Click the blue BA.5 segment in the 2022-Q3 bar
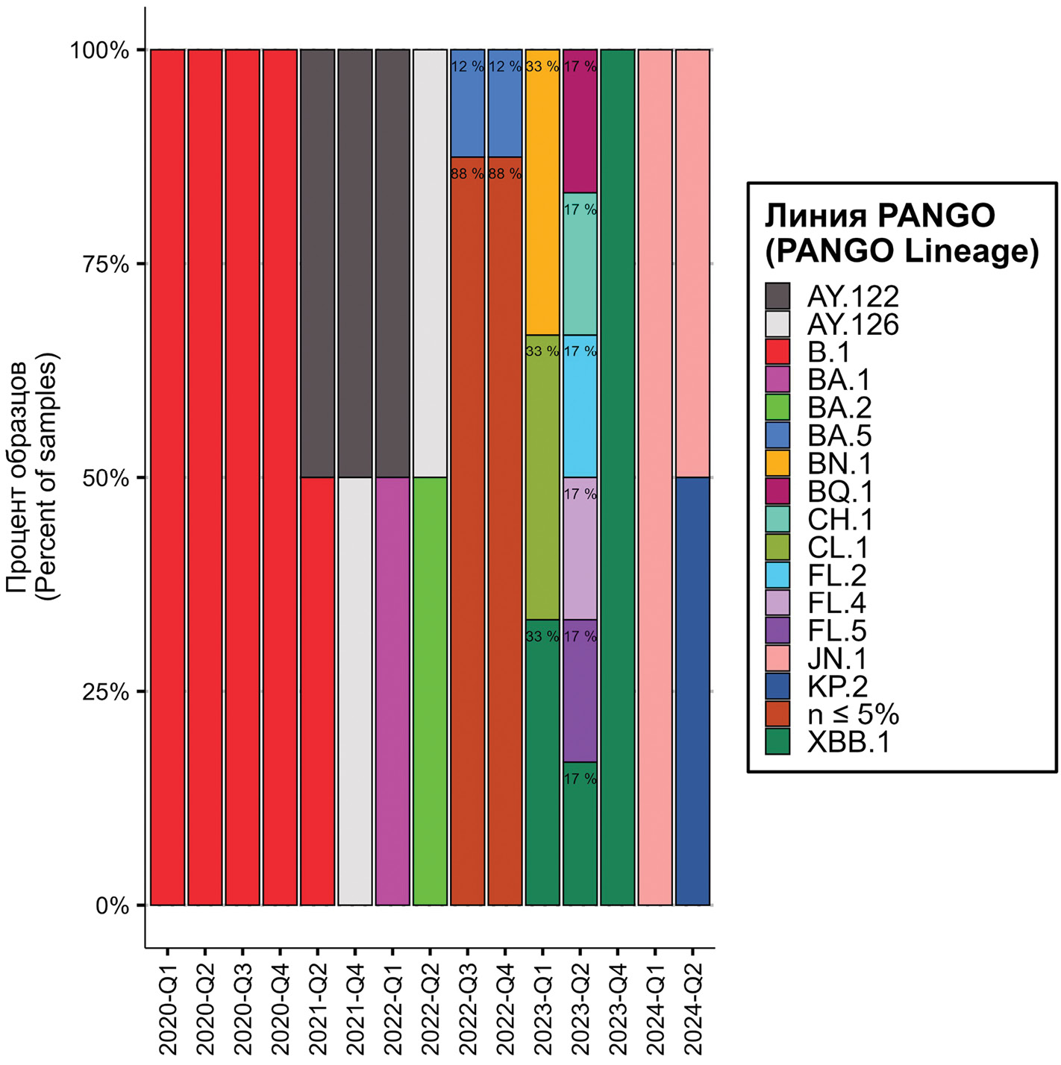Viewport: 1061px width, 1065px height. click(x=468, y=112)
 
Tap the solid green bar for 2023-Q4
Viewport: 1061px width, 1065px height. click(x=617, y=477)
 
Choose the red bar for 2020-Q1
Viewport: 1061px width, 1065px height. click(x=168, y=477)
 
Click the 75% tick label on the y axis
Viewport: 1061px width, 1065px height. click(x=105, y=264)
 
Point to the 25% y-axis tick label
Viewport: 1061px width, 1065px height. click(x=105, y=692)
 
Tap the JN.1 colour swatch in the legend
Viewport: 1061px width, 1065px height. click(x=777, y=659)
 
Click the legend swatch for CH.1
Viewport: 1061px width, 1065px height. click(x=777, y=519)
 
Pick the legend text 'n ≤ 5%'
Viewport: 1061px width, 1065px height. click(x=853, y=714)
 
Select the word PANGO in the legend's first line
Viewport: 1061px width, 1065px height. click(x=936, y=216)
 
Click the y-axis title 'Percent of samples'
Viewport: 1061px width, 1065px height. click(x=49, y=477)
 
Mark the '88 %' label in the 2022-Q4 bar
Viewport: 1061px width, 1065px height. click(x=505, y=174)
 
